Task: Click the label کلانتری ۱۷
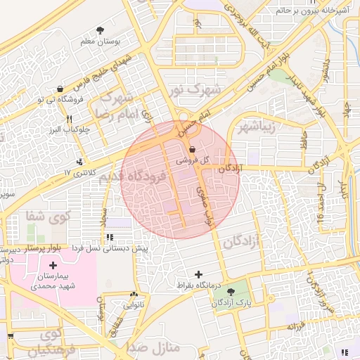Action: [79, 172]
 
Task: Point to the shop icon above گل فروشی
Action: [193, 149]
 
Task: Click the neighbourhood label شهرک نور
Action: [195, 90]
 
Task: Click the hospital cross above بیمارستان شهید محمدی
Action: [53, 265]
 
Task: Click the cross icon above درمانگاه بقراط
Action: [198, 274]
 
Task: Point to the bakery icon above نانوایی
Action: [134, 295]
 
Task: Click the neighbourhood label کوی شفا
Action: [49, 215]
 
